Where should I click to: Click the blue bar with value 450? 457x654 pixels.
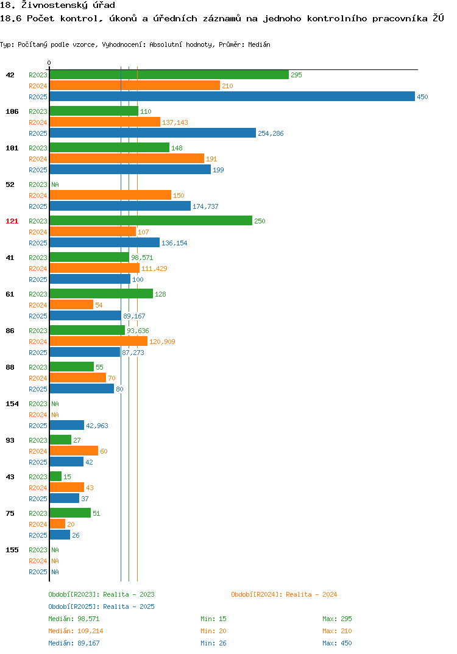[232, 96]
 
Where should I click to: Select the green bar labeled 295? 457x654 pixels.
[169, 75]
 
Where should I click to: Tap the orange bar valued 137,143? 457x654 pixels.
[105, 122]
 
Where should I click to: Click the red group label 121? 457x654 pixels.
[12, 221]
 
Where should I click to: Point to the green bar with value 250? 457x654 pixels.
[151, 220]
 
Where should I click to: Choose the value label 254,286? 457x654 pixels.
[271, 133]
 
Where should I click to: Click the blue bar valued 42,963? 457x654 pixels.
[67, 426]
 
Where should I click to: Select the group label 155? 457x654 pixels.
[12, 550]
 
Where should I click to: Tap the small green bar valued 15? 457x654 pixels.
[55, 476]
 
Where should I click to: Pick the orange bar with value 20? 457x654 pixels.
[58, 524]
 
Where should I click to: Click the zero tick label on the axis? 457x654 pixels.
[49, 63]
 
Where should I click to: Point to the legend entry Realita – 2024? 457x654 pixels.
[284, 594]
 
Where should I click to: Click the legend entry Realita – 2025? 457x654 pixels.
[101, 607]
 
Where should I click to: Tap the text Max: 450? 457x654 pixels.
[337, 643]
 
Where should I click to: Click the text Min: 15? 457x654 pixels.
[213, 619]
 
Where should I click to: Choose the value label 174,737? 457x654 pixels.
[205, 206]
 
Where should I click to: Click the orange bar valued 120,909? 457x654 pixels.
[99, 341]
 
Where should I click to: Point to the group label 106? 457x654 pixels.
[12, 112]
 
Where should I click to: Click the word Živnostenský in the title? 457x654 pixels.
[55, 5]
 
